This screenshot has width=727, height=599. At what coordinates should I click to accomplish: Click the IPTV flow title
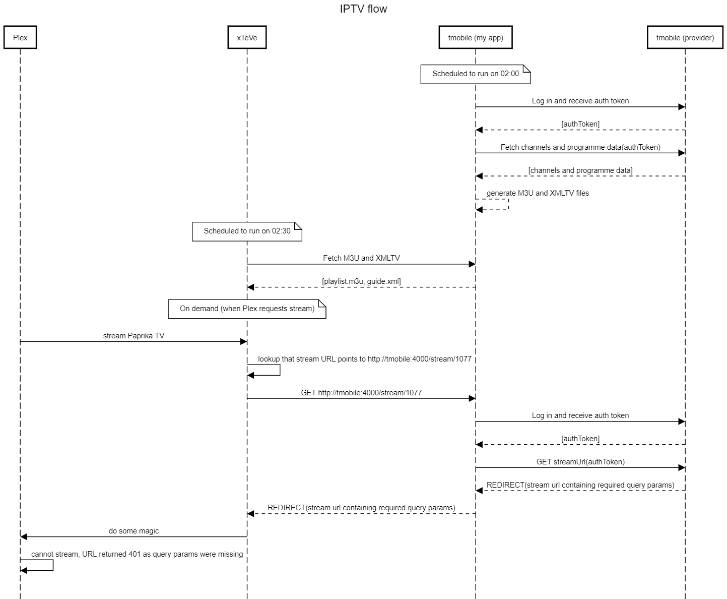tap(363, 9)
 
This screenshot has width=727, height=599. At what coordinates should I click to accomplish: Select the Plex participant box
tap(20, 38)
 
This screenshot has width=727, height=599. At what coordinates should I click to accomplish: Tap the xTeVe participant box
tap(247, 38)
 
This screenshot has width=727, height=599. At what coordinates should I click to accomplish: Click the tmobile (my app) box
tap(476, 38)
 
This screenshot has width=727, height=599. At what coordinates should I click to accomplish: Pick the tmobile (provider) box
tap(685, 38)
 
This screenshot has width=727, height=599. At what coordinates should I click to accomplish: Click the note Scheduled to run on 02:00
tap(475, 74)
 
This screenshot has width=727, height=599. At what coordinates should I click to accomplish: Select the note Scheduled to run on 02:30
tap(247, 231)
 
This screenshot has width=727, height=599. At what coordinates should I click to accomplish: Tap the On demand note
tap(247, 309)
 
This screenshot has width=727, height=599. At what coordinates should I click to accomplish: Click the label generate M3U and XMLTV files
tap(538, 193)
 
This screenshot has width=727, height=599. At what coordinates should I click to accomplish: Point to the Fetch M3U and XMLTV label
tap(361, 258)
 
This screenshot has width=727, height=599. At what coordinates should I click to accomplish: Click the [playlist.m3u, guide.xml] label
tap(361, 281)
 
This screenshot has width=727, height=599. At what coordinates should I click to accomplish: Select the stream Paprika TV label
tap(134, 336)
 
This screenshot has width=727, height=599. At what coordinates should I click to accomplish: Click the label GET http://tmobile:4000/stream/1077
tap(361, 393)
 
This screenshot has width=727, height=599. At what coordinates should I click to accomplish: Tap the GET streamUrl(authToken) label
tap(580, 462)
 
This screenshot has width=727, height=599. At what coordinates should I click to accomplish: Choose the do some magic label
tap(134, 531)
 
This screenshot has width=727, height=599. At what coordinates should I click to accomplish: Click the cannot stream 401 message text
tap(137, 554)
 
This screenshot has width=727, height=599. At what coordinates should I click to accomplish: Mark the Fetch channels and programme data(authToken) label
tap(580, 147)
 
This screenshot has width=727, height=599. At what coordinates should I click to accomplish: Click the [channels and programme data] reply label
tap(580, 170)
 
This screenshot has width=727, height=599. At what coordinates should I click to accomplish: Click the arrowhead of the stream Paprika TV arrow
tap(243, 342)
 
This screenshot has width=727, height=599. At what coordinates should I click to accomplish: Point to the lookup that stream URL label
tap(365, 359)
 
